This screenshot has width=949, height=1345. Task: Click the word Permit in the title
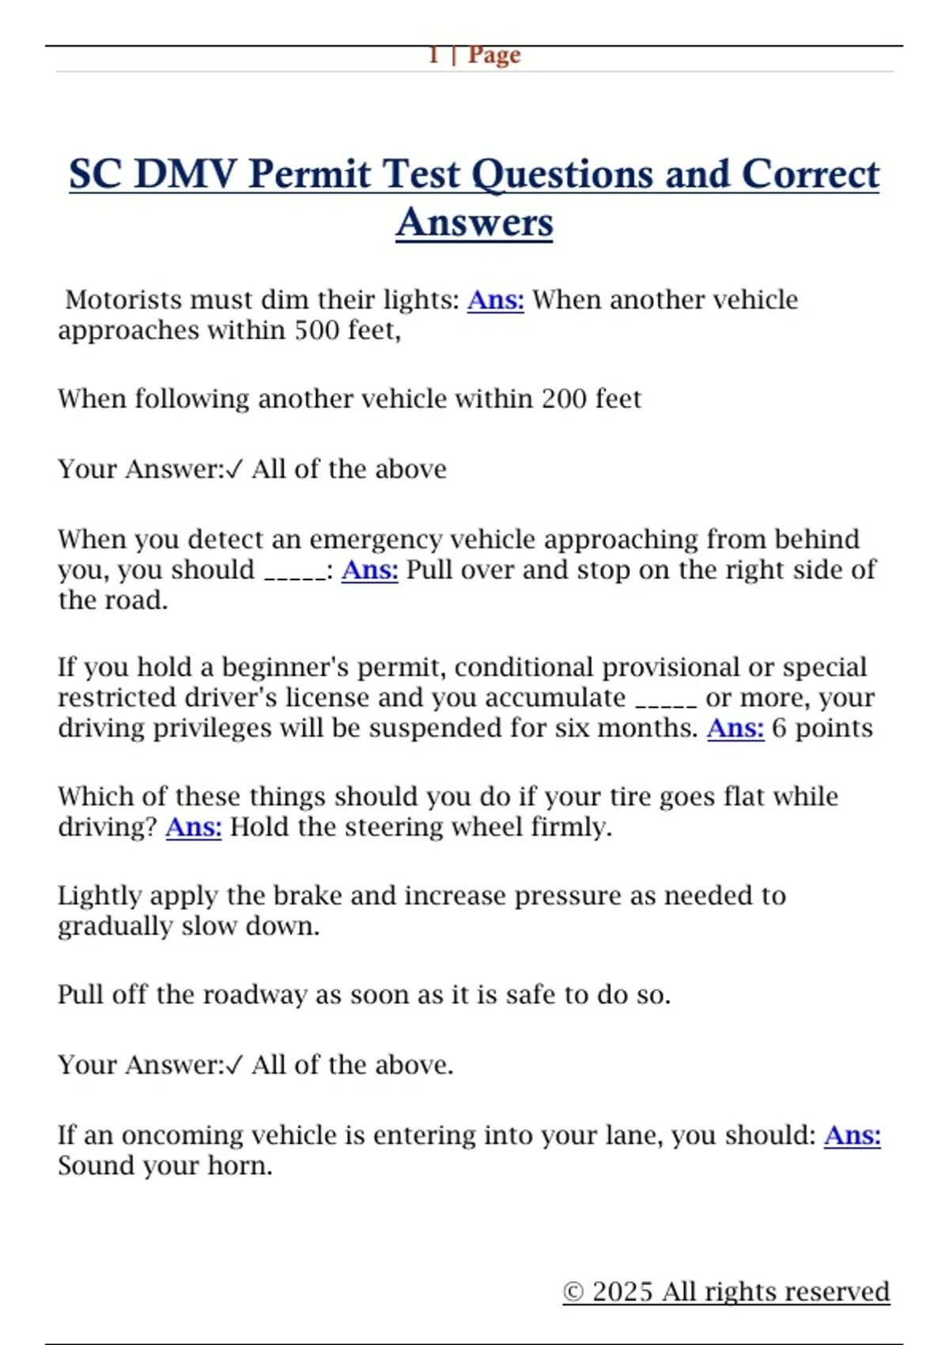(309, 174)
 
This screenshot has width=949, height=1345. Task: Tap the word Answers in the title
(475, 222)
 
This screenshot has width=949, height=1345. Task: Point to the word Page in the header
(494, 55)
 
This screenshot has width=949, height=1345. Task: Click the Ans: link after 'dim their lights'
(495, 300)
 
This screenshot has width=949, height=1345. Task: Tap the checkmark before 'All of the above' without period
(234, 470)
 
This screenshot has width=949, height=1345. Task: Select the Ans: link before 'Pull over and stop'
(369, 570)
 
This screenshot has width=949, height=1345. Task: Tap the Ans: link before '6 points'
(735, 728)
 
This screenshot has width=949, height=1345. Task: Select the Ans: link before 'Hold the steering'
(193, 827)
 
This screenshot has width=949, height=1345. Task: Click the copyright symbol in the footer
(573, 1292)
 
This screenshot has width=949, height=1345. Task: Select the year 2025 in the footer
(622, 1292)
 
